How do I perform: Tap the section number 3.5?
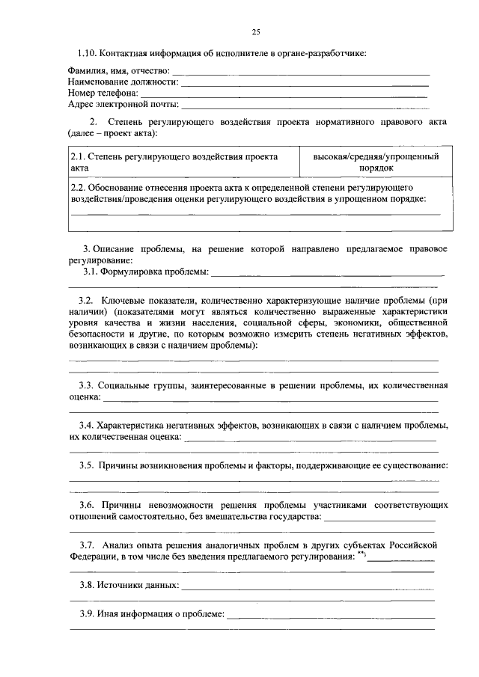[91, 465]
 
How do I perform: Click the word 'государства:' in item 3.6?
[296, 516]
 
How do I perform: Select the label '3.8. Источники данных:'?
[130, 584]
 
